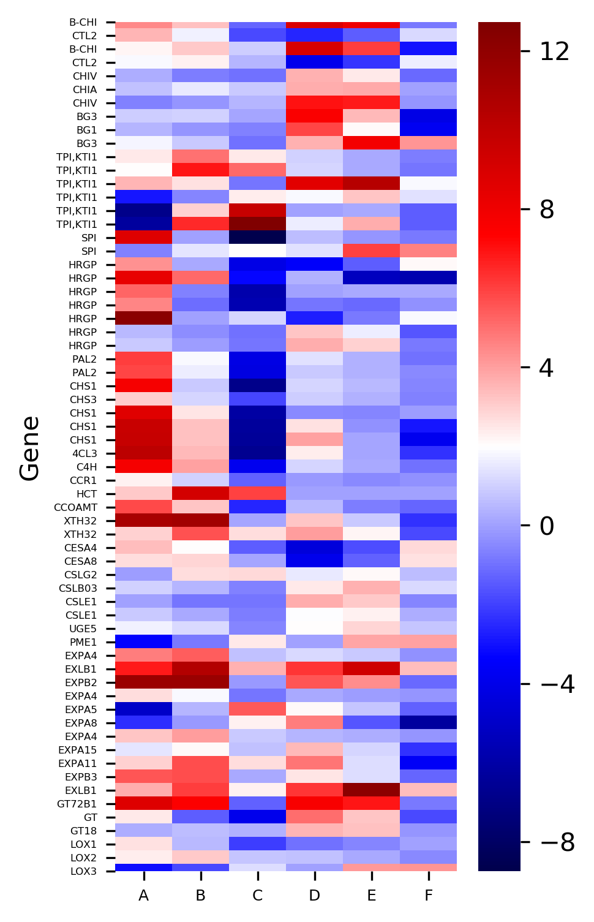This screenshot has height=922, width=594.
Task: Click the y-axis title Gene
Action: pos(29,448)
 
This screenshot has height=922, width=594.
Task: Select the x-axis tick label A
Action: pos(143,896)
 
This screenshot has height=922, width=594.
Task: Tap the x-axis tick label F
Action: pos(428,896)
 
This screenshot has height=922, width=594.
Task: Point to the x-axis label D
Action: pos(314,896)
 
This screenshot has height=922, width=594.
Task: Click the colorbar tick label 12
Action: pos(555,51)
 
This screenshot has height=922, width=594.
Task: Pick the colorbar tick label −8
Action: pos(557,842)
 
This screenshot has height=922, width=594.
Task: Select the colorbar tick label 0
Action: pos(546,526)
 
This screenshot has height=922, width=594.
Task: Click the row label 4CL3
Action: pos(85,453)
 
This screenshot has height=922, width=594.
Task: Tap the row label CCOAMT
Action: pos(75,507)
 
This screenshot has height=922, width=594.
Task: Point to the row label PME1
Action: pos(83,642)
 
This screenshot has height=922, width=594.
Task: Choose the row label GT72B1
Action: pos(77,804)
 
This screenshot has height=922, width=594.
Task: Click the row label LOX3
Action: pos(83,871)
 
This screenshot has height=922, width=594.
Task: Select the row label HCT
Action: pos(86,494)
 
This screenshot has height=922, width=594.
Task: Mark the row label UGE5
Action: pos(83,629)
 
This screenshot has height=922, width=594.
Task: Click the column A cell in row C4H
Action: pos(143,467)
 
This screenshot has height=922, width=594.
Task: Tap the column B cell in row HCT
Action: pos(200,494)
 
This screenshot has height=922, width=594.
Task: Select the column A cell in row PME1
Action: pos(143,642)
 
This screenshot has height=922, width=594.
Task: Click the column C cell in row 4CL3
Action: pos(257,453)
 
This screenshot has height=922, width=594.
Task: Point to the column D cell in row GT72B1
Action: pos(314,804)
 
